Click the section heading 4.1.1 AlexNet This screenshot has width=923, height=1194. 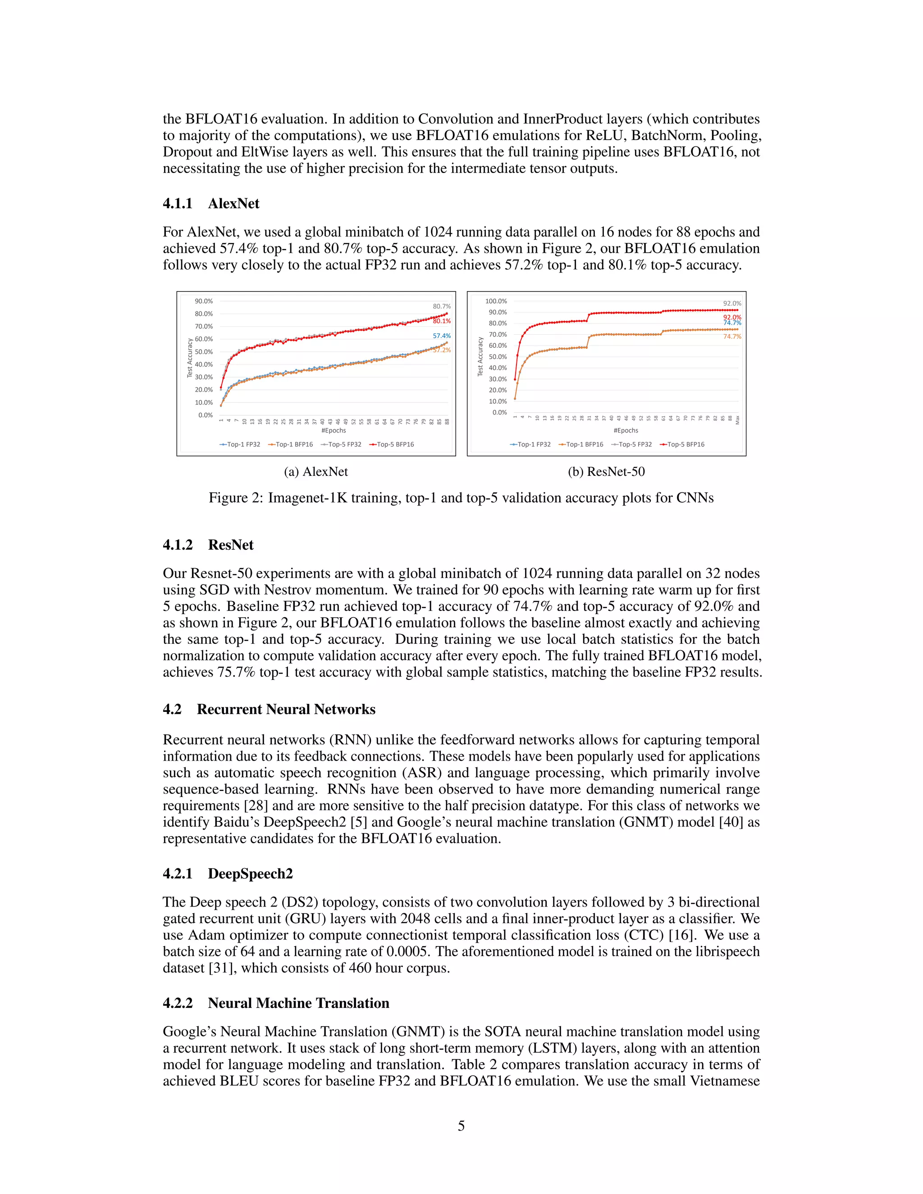click(x=211, y=203)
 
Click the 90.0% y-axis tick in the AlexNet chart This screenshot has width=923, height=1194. click(x=204, y=301)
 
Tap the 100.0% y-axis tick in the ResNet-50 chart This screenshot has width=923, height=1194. click(x=496, y=301)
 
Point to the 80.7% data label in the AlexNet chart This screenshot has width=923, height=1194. click(x=442, y=307)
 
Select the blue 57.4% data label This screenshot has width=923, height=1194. click(x=442, y=336)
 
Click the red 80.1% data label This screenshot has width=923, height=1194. click(x=442, y=321)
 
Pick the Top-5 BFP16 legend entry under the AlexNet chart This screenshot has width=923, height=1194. click(x=392, y=444)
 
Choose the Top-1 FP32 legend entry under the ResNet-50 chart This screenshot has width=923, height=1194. click(x=530, y=444)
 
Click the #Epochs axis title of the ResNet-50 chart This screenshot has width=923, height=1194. click(x=626, y=430)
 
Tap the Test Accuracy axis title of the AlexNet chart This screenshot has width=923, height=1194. click(x=190, y=358)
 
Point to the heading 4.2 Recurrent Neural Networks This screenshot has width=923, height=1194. click(x=269, y=709)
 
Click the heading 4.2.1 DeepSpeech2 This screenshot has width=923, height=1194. click(x=228, y=874)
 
